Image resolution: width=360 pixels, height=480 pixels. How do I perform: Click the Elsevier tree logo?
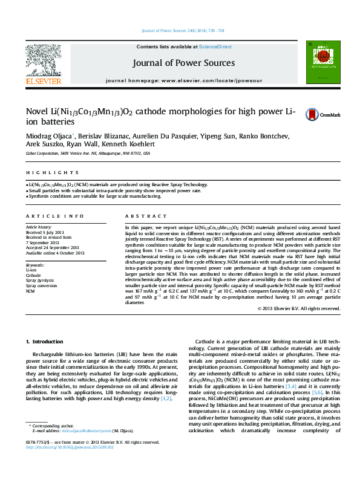tap(43, 60)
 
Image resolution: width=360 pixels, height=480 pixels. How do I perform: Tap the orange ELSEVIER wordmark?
tap(43, 80)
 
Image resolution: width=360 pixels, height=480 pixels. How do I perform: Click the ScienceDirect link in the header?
tap(215, 47)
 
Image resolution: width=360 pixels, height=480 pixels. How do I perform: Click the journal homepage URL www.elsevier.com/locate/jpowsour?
tap(206, 80)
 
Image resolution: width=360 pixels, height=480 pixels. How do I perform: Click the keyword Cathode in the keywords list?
tap(33, 274)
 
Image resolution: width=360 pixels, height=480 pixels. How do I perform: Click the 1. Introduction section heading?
tap(46, 342)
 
